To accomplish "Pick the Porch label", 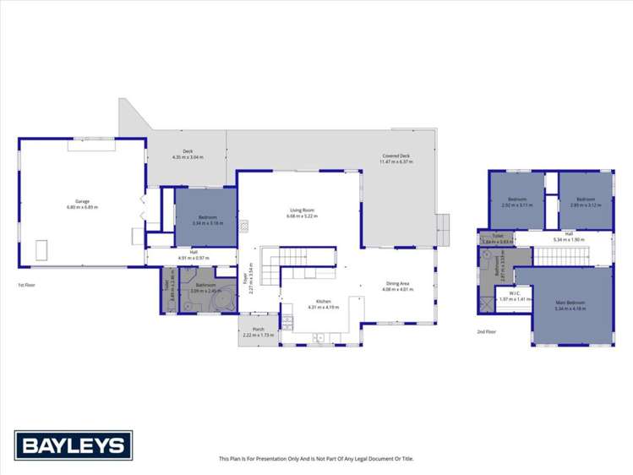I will [x=259, y=332].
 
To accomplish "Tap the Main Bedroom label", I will [x=573, y=305].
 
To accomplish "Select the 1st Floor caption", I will [x=26, y=285].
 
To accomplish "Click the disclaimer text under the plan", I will [x=316, y=459].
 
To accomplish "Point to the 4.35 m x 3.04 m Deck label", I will [x=188, y=156].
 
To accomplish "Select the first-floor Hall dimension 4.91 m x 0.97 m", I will [x=193, y=256].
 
